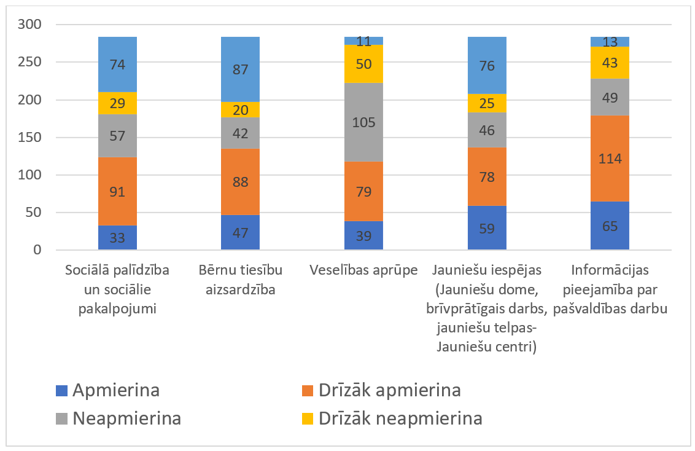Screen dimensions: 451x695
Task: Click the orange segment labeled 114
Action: [610, 159]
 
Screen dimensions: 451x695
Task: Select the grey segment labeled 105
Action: [363, 122]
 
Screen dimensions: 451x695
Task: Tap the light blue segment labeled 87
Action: [240, 69]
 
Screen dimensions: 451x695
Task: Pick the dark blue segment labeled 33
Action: [117, 238]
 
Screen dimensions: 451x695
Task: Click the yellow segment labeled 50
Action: [363, 64]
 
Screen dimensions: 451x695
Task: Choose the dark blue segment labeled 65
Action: [610, 225]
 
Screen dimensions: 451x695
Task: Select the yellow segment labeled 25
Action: [486, 103]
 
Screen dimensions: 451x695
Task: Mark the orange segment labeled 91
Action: [117, 191]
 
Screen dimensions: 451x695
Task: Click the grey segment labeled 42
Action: [240, 133]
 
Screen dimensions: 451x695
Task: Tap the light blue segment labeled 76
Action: [486, 65]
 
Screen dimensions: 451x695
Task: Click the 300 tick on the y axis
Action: [31, 25]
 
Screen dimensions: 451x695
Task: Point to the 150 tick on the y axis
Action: [31, 138]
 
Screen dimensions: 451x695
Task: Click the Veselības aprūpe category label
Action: [363, 270]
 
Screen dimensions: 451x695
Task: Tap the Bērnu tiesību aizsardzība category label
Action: [240, 280]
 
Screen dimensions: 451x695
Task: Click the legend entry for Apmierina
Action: [108, 390]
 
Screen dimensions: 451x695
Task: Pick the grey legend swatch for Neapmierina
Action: [61, 419]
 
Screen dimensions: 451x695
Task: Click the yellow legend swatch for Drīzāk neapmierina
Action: [308, 419]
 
